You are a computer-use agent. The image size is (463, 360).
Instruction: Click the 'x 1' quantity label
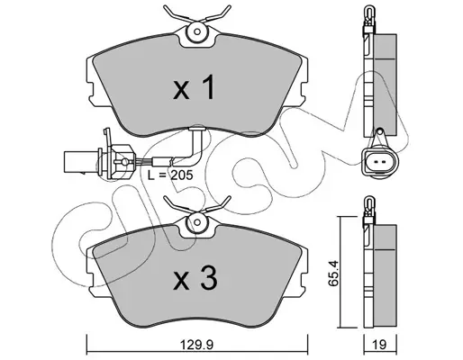[x=194, y=87]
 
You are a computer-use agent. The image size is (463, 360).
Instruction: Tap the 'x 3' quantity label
[x=195, y=279]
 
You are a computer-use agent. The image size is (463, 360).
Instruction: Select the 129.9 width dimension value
[x=197, y=345]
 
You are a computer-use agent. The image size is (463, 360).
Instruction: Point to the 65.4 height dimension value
[x=333, y=273]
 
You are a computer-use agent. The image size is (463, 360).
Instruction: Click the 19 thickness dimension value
[x=380, y=345]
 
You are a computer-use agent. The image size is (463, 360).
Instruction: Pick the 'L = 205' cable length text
[x=170, y=175]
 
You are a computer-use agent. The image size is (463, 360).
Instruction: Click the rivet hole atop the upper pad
[x=197, y=31]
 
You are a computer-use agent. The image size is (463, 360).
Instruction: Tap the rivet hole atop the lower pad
[x=197, y=222]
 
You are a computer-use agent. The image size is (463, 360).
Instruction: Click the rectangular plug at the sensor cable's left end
[x=75, y=162]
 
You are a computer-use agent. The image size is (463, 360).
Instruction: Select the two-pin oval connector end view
[x=380, y=162]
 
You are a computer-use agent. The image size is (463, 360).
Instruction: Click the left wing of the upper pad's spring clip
[x=177, y=13]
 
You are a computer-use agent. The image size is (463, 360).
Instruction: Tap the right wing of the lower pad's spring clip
[x=217, y=205]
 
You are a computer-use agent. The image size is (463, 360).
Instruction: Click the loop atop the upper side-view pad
[x=368, y=12]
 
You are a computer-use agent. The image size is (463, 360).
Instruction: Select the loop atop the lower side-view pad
[x=368, y=203]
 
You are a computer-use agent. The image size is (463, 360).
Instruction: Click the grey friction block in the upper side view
[x=385, y=85]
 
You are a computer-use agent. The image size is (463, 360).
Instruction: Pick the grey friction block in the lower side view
[x=385, y=276]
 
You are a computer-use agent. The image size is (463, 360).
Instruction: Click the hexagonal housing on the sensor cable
[x=121, y=162]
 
